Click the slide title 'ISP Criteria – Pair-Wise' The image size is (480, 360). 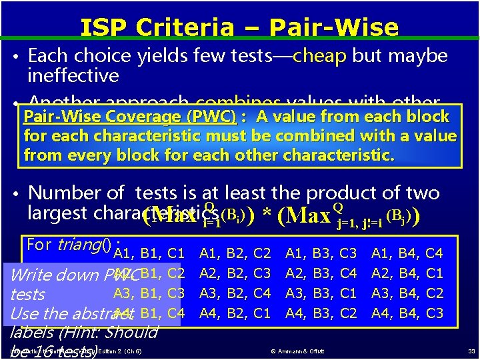239,27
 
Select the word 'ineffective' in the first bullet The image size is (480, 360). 73,75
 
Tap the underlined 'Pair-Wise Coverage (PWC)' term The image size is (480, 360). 130,117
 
